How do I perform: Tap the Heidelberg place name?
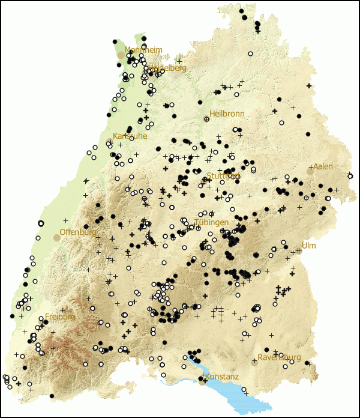[x=167, y=68]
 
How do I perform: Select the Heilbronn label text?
[x=227, y=114]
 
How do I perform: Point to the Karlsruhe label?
[x=130, y=136]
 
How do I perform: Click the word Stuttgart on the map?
[x=223, y=176]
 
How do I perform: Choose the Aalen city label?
[x=323, y=166]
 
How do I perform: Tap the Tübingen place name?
[x=211, y=222]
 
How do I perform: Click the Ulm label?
[x=308, y=246]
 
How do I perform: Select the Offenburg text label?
[x=78, y=232]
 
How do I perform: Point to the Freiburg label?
[x=60, y=317]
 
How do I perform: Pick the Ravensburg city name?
[x=279, y=357]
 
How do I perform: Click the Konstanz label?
[x=222, y=377]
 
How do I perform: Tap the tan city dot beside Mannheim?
[x=121, y=55]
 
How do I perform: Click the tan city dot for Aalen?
[x=310, y=172]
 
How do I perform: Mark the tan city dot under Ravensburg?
[x=254, y=362]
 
